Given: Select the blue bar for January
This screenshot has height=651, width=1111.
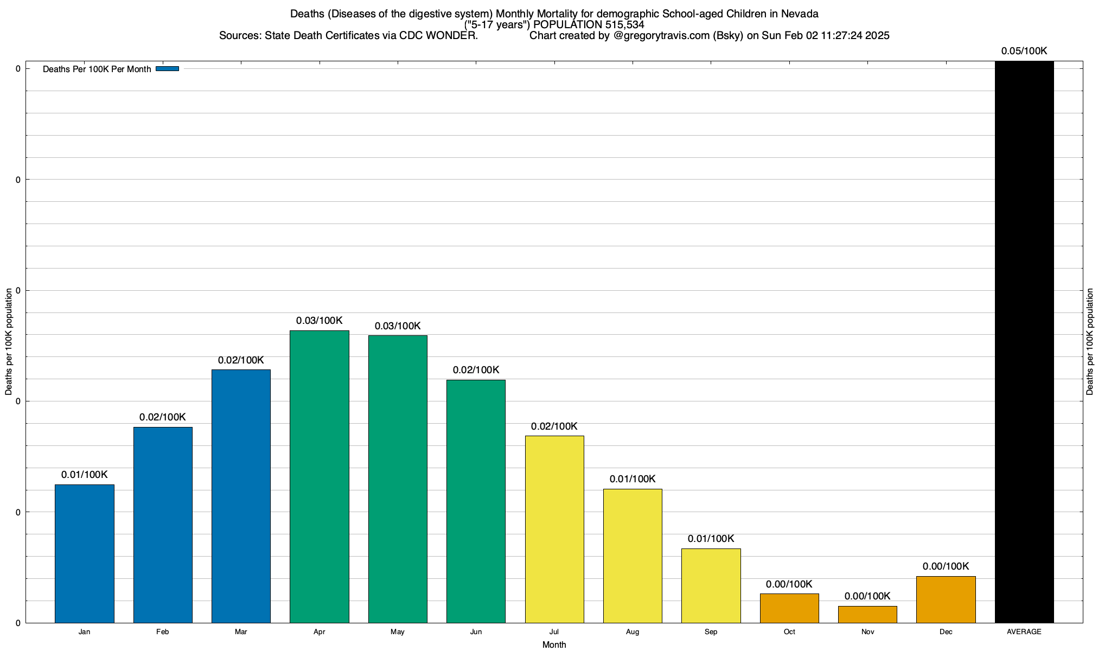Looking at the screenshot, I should (85, 553).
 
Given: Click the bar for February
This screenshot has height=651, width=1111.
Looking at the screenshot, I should (163, 525).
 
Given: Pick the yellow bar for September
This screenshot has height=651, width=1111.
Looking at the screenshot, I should (711, 585).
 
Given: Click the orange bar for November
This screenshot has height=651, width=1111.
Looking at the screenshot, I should (867, 614).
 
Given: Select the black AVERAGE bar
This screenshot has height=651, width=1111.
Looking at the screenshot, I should (1024, 342).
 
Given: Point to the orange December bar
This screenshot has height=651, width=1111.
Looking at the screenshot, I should (946, 599).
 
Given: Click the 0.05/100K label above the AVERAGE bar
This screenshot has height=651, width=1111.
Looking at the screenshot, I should (1024, 51).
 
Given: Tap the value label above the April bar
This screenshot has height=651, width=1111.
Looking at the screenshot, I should (320, 321).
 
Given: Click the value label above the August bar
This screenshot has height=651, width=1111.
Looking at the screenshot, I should (633, 479).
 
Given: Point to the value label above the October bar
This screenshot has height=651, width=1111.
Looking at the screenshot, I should (789, 584).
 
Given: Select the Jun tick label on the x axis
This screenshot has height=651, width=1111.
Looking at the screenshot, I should (476, 632).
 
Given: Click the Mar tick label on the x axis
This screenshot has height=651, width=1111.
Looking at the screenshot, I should (241, 632).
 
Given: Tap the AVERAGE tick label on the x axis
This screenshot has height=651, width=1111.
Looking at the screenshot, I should (1024, 632).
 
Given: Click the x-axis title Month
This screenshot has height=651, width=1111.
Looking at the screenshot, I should (554, 644).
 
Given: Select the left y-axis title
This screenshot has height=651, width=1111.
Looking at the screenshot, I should (9, 342).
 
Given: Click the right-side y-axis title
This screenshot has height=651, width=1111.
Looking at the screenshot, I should (1090, 342).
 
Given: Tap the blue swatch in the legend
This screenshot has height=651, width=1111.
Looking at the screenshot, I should (167, 69).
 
